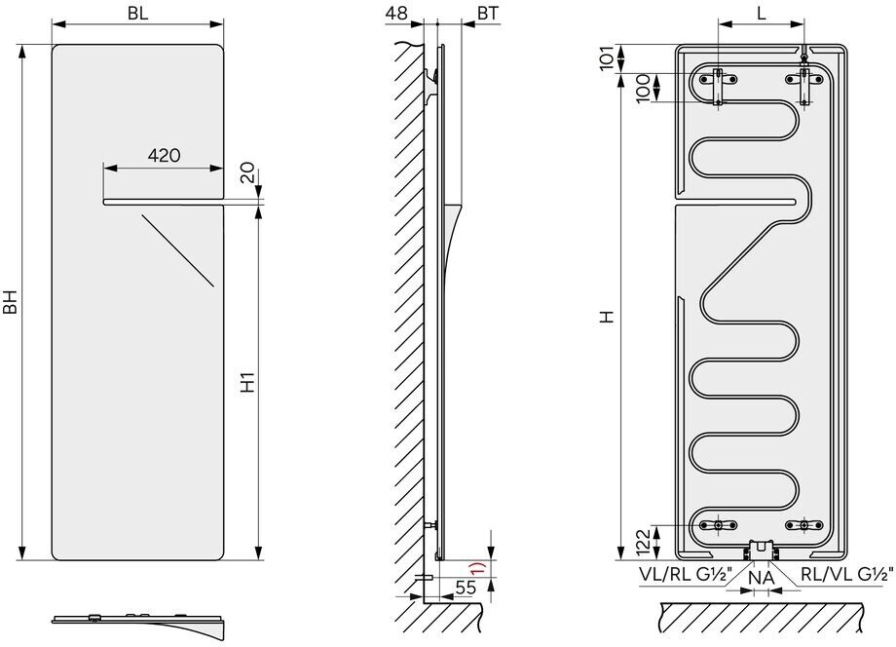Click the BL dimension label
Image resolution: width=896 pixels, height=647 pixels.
click(x=137, y=13)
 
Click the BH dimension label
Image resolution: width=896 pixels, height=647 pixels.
click(x=11, y=302)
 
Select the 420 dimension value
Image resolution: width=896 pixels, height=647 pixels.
click(x=164, y=155)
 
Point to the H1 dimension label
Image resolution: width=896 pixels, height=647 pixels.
click(x=246, y=382)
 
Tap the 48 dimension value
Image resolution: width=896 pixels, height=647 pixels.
click(x=396, y=13)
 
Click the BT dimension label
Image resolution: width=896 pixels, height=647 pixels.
click(x=487, y=13)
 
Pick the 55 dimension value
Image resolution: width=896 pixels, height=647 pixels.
click(x=466, y=587)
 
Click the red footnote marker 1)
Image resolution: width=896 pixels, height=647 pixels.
click(x=477, y=569)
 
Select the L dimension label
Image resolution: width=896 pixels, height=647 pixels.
click(x=762, y=13)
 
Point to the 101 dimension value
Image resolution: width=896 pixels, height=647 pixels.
click(x=607, y=57)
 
